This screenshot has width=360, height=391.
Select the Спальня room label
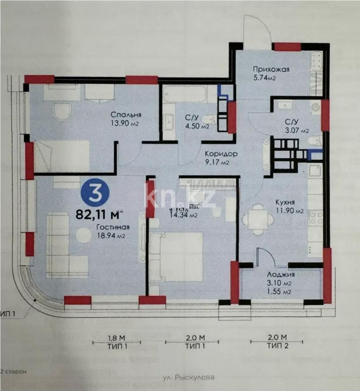(127, 115)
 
